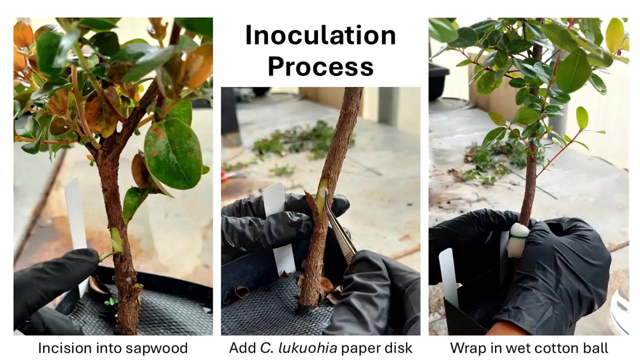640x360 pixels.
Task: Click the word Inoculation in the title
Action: [x=320, y=35]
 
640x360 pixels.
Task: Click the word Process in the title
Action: [x=320, y=66]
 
